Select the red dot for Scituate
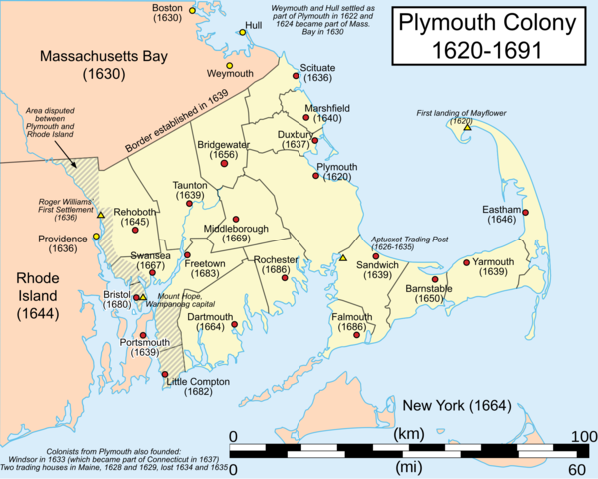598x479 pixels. [296, 76]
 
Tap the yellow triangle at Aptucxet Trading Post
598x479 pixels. [343, 258]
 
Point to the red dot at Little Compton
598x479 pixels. [165, 374]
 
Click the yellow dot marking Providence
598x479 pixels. [96, 237]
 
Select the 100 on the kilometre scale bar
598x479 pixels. [577, 437]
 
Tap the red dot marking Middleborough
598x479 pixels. [236, 219]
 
